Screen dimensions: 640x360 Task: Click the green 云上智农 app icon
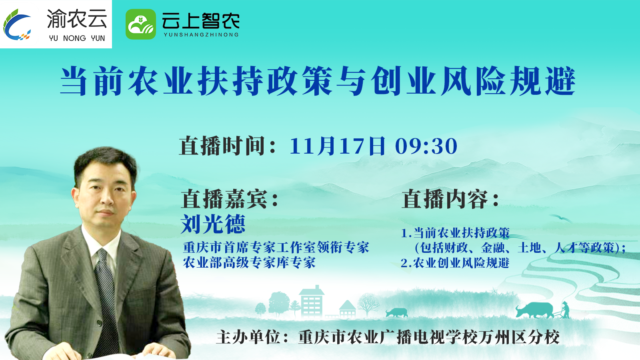140,24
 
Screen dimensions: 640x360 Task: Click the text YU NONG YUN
77,38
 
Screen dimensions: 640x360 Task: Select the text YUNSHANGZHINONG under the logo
201,34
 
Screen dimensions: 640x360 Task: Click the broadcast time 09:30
426,146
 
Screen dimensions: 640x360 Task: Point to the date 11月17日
337,146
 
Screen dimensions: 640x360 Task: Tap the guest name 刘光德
213,224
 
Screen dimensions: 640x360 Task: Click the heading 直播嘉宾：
230,199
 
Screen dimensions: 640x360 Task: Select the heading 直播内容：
450,199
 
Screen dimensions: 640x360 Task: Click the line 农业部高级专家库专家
249,262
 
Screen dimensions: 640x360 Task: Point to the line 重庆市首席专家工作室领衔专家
276,248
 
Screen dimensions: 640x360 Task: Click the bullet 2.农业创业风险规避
455,263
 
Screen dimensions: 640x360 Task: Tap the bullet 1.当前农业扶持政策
455,233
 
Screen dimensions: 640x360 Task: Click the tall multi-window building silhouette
312,302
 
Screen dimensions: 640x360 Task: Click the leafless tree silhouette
368,305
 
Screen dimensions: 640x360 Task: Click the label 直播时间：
228,146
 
